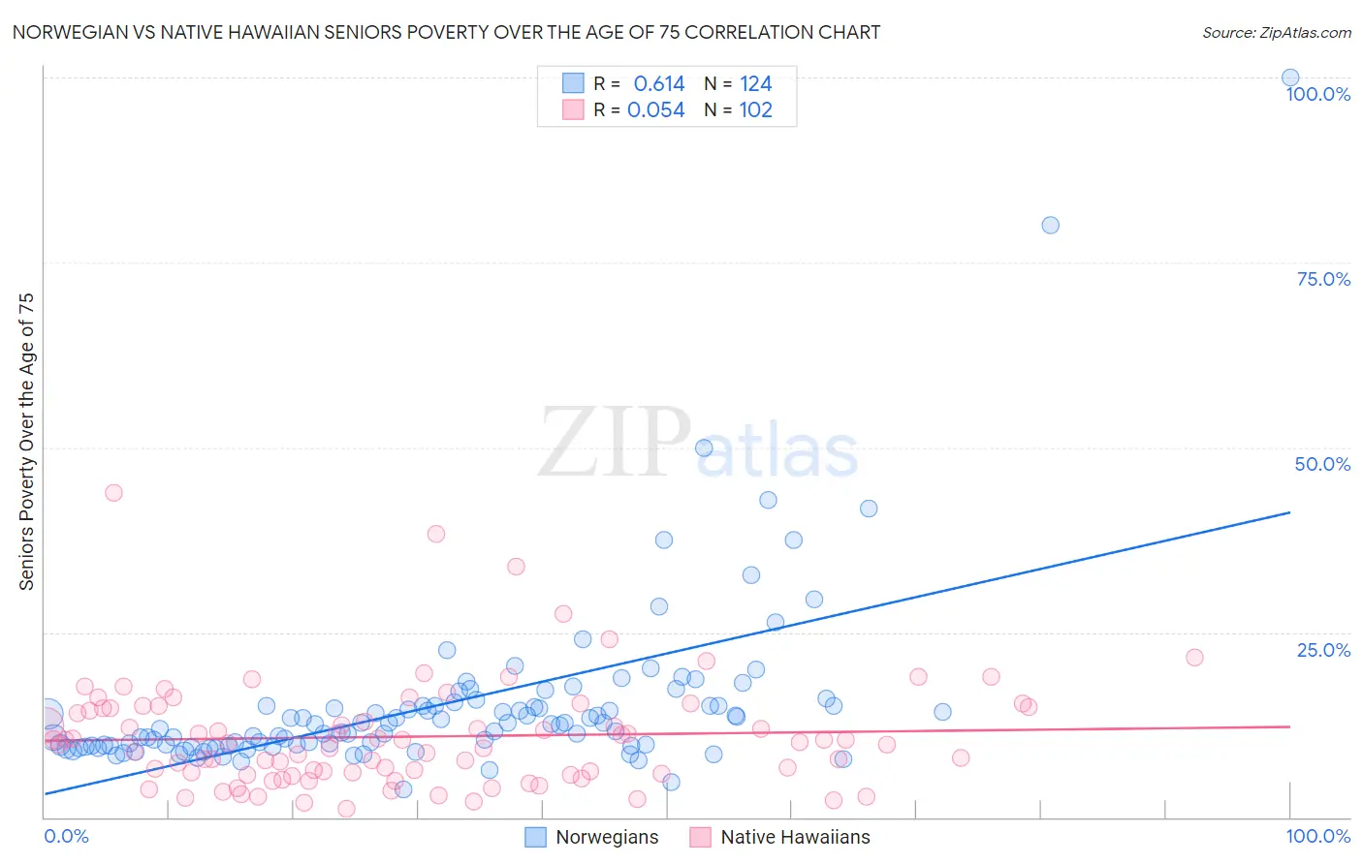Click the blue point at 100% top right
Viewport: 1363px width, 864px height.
tap(1290, 77)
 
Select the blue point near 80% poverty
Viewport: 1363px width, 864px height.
tap(1050, 225)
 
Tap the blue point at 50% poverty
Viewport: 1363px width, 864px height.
tap(704, 447)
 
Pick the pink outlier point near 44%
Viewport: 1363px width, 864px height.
tap(113, 492)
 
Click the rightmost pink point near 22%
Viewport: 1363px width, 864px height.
tap(1194, 657)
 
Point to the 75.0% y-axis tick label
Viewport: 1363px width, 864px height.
tap(1323, 279)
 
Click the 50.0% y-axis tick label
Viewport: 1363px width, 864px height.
tap(1322, 464)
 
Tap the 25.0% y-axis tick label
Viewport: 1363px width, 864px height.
tap(1323, 650)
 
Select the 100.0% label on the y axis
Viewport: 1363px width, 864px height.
tap(1318, 94)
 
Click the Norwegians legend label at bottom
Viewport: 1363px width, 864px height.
tap(607, 838)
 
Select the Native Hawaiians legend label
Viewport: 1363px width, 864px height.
tap(795, 838)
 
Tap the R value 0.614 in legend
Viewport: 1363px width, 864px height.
tap(658, 83)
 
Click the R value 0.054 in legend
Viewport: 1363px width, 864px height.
tap(656, 110)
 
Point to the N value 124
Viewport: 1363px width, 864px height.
tap(755, 83)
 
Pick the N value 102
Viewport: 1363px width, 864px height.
tap(755, 110)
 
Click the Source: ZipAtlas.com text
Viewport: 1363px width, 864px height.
tap(1276, 33)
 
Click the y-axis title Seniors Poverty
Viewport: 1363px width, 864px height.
tap(26, 441)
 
